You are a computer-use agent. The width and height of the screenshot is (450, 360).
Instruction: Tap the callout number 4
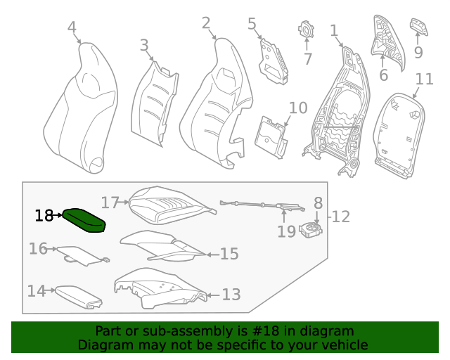tap(72, 27)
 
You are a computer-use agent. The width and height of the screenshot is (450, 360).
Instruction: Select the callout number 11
tap(424, 79)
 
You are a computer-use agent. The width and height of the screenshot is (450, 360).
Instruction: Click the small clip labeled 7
tap(307, 30)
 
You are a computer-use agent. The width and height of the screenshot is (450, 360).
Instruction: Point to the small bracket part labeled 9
tap(419, 26)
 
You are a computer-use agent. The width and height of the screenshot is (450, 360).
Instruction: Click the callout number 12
tap(341, 217)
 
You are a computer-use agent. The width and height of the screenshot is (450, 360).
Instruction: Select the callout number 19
tap(286, 231)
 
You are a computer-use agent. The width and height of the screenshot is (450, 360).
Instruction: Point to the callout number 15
tap(229, 254)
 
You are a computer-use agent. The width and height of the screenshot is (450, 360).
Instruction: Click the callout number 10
tap(298, 108)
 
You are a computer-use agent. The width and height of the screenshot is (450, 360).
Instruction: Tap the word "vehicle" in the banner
tap(344, 345)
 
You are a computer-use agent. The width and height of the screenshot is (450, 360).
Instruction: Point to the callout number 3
tap(144, 46)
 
